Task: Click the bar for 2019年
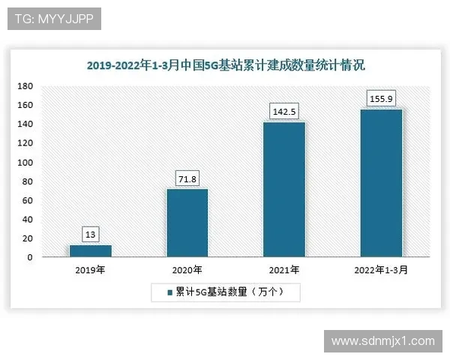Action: [90, 251]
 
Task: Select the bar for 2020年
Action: [187, 223]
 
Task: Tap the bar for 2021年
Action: [284, 189]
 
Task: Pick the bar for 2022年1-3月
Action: [381, 183]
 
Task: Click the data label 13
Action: [90, 235]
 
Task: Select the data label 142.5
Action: [284, 112]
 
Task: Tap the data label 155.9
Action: [381, 98]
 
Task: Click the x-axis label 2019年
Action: [90, 270]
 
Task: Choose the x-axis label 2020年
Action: [187, 270]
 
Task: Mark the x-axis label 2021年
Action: [284, 270]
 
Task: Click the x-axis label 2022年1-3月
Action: [381, 270]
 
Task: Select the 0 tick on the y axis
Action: [30, 257]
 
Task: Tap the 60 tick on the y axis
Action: [27, 200]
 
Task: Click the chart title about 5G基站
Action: [225, 66]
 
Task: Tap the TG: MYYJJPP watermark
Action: [54, 19]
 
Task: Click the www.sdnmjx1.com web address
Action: [382, 340]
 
